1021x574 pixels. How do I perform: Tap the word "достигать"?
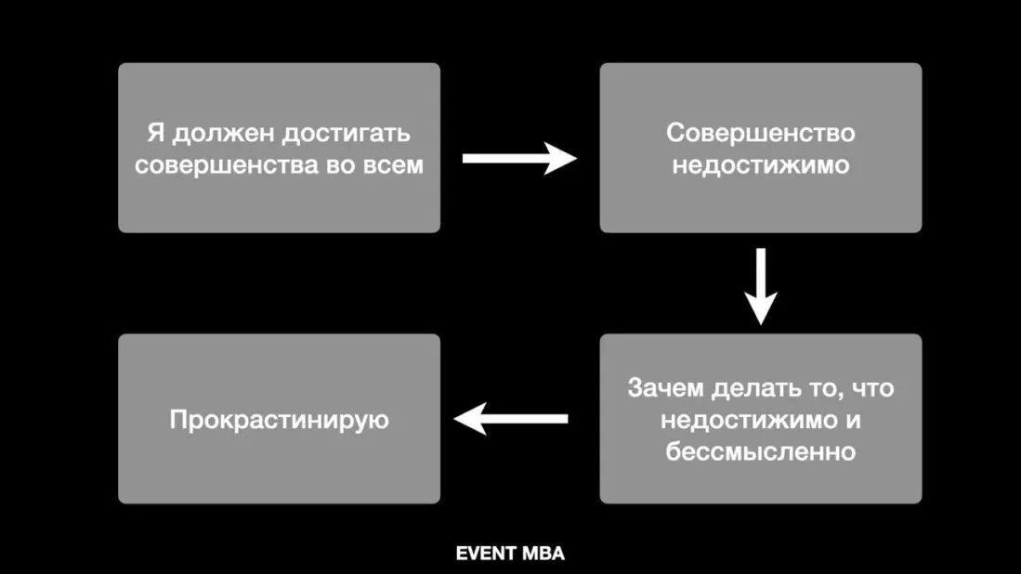point(346,133)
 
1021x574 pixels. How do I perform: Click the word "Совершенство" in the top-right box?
point(760,133)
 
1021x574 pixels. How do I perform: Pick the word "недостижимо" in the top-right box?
point(760,165)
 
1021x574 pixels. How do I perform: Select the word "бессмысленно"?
point(760,452)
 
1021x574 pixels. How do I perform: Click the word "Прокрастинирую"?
point(279,420)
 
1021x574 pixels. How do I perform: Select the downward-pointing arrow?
point(761,284)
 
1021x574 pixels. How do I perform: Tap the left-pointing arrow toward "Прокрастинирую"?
point(511,419)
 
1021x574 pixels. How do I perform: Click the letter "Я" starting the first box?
point(154,133)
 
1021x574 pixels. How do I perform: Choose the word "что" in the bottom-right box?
point(872,387)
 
